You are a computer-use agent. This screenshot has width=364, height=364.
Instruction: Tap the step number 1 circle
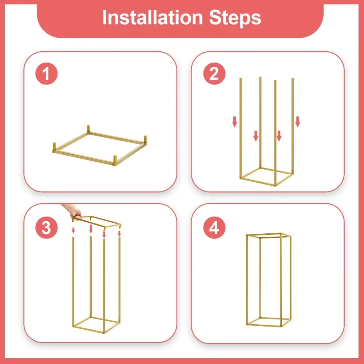tap(46, 74)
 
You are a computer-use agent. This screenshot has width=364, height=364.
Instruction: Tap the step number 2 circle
tap(214, 74)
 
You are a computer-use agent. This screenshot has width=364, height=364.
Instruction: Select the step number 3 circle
tap(46, 228)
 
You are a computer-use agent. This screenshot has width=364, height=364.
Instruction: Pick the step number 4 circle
tap(214, 228)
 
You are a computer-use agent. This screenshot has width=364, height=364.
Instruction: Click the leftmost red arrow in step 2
tap(235, 122)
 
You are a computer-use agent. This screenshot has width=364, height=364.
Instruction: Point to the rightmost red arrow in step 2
tap(297, 122)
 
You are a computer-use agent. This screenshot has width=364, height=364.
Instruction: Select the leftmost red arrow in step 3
tap(73, 230)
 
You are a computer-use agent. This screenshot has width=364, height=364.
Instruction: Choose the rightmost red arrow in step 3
tap(119, 233)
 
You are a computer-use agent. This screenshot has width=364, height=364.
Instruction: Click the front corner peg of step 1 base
tap(115, 161)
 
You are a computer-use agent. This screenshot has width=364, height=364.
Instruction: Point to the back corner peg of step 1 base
tap(89, 130)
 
